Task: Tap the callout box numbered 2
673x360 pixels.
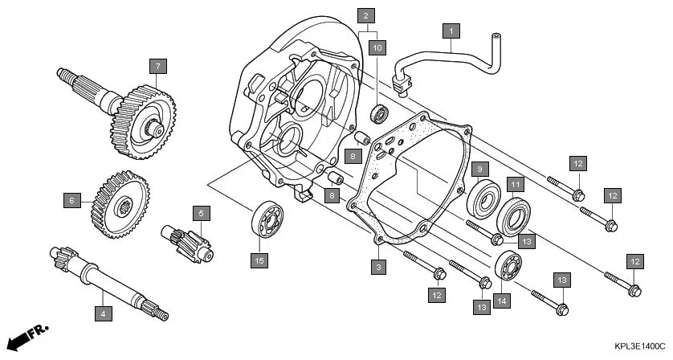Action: (366, 15)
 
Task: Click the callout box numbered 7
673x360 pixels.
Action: (158, 65)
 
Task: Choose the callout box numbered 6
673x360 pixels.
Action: (71, 199)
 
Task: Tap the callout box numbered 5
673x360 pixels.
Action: (202, 213)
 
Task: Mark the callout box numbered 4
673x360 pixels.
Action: (103, 313)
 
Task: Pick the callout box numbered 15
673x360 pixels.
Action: (259, 260)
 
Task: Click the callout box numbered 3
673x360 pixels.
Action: (377, 264)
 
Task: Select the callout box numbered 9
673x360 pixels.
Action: (478, 170)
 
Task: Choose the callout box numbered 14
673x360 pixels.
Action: (502, 301)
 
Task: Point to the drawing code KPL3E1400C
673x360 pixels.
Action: (639, 346)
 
